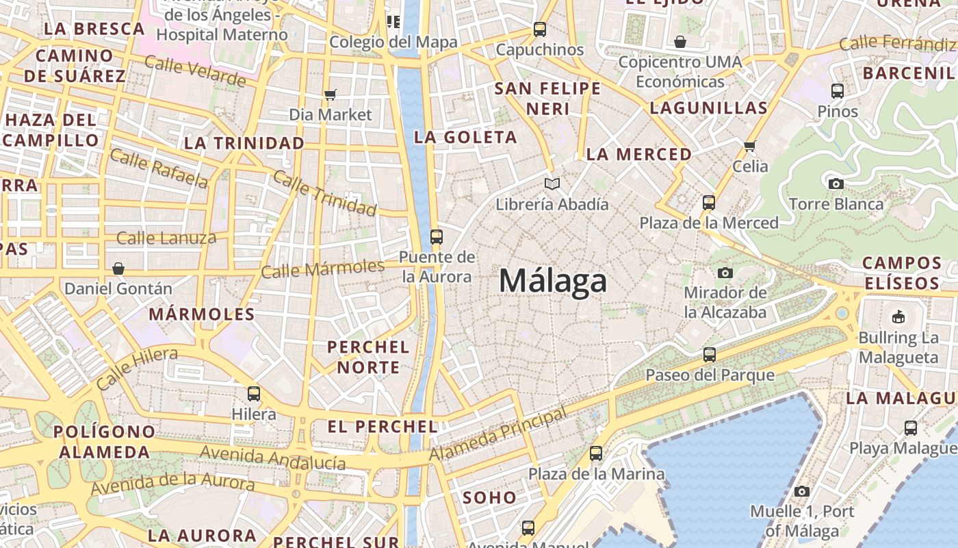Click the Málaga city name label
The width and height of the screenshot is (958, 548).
point(553,281)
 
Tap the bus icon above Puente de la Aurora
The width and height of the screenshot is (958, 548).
point(436,237)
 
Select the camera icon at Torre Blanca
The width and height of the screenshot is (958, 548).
point(836,184)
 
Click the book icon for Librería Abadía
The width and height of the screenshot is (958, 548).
point(552,184)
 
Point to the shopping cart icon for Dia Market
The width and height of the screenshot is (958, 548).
point(331,95)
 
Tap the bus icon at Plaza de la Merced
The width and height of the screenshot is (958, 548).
point(709,203)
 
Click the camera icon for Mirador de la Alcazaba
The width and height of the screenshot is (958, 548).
point(725,273)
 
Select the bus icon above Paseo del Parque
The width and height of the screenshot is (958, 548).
point(710,355)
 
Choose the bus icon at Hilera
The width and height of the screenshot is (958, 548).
point(254,394)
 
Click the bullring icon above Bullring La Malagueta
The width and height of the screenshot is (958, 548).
point(898,316)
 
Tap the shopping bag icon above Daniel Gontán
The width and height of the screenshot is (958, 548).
point(118,268)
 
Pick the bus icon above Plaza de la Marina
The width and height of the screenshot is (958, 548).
point(596,453)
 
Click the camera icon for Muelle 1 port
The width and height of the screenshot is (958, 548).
point(802,491)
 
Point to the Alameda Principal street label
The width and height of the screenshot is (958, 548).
point(498,434)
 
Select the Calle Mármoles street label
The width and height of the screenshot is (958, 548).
point(323,269)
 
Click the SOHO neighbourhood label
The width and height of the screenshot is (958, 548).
point(489,497)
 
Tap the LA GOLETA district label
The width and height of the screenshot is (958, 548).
point(465,137)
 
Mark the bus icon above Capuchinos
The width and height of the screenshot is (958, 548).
point(540,29)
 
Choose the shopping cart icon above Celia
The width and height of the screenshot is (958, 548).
point(750,146)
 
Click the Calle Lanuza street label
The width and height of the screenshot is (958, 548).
point(166,238)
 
